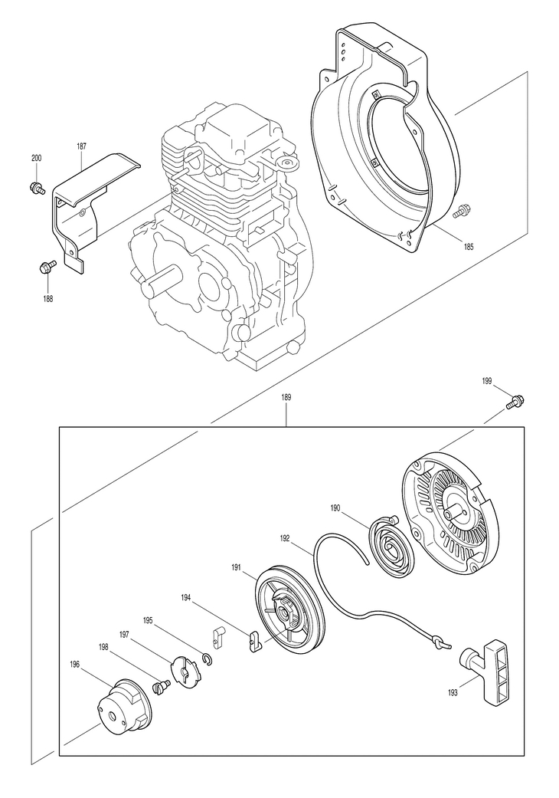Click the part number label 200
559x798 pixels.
tap(37, 158)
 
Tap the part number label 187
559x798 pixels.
tap(81, 146)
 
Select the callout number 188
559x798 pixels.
tap(47, 299)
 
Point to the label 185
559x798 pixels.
tap(468, 247)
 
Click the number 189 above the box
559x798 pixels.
tap(286, 399)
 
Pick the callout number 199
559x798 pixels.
tap(487, 381)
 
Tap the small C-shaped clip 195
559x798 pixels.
tap(208, 659)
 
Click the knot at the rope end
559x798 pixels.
tap(439, 642)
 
